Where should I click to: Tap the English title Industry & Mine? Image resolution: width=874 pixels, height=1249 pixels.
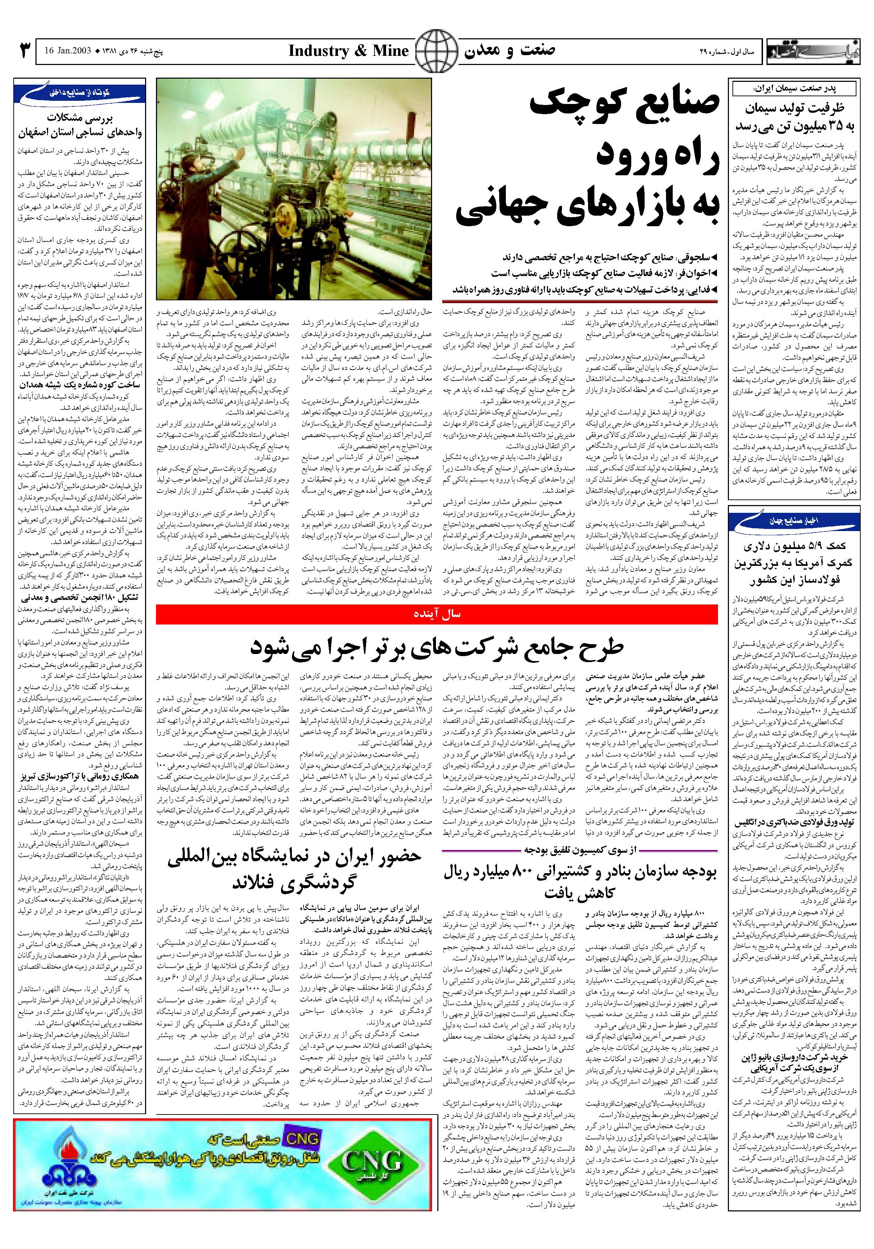point(348,51)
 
